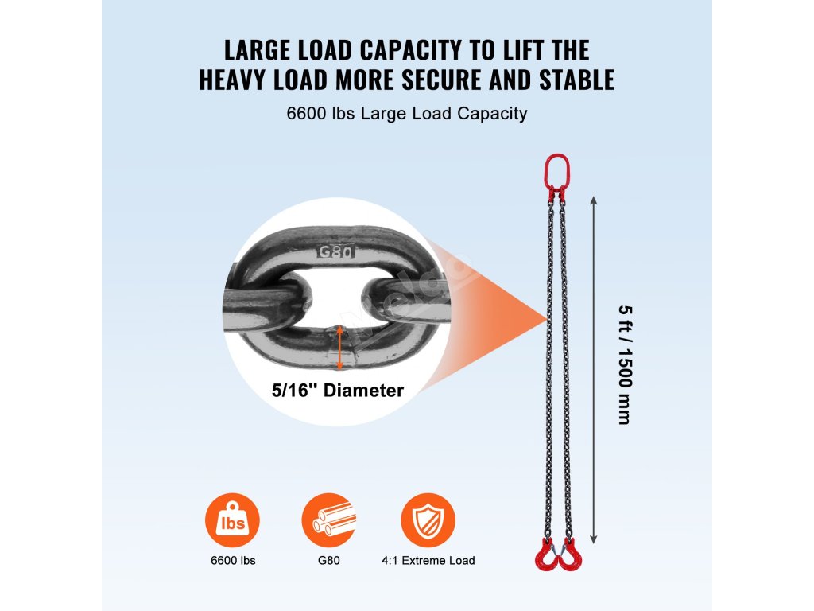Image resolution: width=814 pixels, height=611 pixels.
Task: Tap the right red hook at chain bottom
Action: tap(570, 554)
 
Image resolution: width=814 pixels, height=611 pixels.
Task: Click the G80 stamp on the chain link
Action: tap(335, 252)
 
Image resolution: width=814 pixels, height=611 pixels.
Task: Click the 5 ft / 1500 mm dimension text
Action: tap(624, 365)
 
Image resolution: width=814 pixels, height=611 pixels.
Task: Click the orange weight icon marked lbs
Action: tap(232, 520)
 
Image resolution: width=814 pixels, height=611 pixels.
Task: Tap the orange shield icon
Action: tap(428, 520)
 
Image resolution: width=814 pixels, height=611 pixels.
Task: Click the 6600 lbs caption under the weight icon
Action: tap(232, 561)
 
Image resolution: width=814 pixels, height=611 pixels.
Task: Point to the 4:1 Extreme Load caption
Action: tap(428, 561)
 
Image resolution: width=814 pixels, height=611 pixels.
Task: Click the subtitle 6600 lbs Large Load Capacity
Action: tap(407, 114)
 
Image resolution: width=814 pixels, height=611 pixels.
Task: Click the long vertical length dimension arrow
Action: tap(593, 366)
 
